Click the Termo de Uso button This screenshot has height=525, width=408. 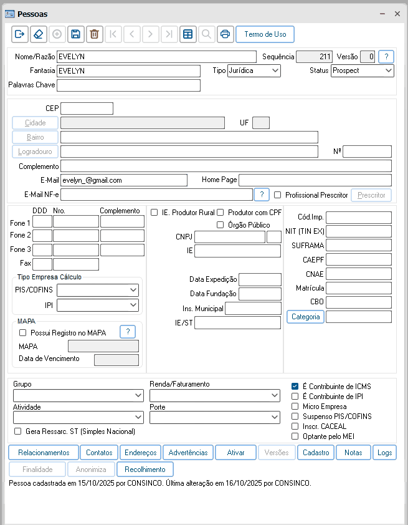tap(265, 34)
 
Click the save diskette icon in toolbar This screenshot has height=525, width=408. tap(75, 34)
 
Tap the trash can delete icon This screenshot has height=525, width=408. tap(94, 34)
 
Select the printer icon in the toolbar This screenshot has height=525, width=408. tap(225, 34)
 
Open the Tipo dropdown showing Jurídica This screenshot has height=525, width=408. tap(254, 70)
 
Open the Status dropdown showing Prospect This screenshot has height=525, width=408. tap(362, 70)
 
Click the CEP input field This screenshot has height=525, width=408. tap(87, 108)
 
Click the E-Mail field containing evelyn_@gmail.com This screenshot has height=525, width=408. tap(123, 180)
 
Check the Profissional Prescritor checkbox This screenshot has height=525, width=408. tap(278, 195)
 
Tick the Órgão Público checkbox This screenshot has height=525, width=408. tap(220, 225)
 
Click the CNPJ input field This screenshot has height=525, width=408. tap(229, 237)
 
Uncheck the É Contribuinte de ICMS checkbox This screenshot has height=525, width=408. tap(295, 387)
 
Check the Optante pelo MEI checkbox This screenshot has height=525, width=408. tap(295, 436)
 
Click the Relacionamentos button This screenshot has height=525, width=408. tap(44, 453)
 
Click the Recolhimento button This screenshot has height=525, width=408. tap(145, 470)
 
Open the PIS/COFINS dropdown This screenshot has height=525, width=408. tap(98, 290)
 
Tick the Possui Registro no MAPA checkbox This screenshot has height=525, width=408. tap(23, 333)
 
